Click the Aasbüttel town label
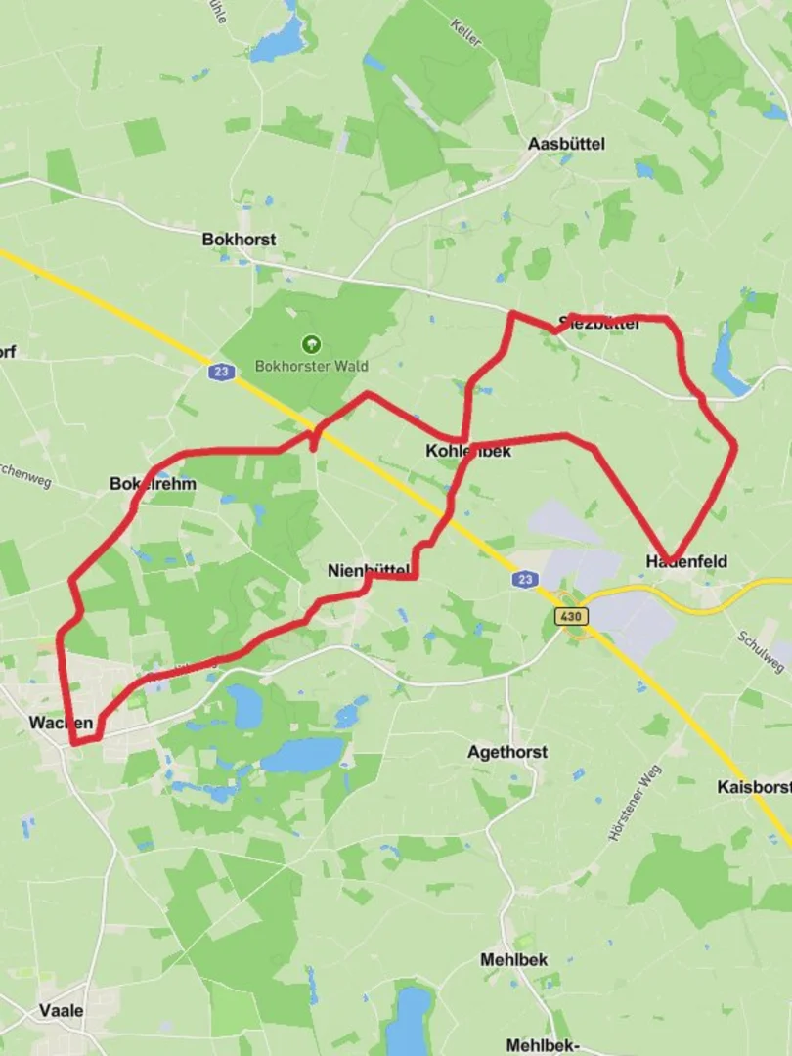(566, 144)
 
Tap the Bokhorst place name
(239, 240)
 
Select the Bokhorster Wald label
(311, 366)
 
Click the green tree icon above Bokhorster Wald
(311, 344)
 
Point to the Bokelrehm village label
(153, 484)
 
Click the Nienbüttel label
(368, 570)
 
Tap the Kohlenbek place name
(468, 452)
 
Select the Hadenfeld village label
(686, 561)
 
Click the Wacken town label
(61, 723)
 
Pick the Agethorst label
(507, 752)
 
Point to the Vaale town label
(61, 1010)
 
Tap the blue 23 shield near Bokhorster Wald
(220, 372)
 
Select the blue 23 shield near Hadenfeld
(525, 580)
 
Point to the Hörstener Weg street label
(635, 802)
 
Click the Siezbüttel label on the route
(598, 324)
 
